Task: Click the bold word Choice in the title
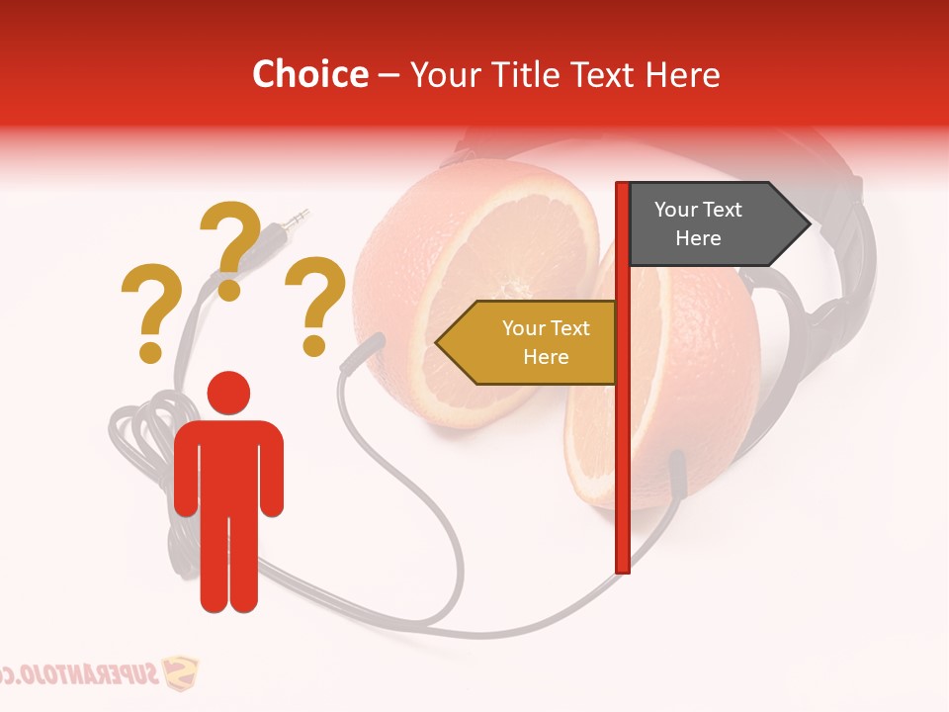pos(309,74)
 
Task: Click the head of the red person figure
pos(228,392)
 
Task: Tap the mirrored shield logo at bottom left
pos(179,675)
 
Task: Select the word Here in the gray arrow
pos(698,238)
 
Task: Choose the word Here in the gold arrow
pos(546,356)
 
